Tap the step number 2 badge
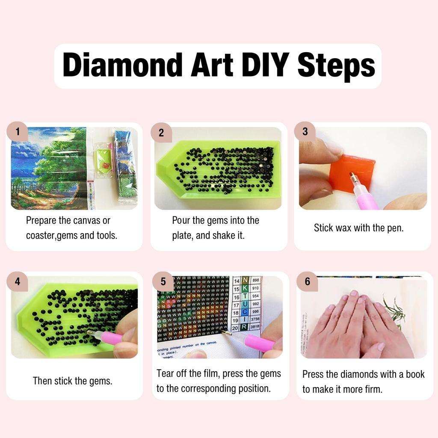click(161, 133)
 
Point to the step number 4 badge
click(18, 281)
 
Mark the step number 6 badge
click(308, 281)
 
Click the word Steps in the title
click(336, 66)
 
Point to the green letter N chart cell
click(245, 280)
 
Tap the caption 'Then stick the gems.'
click(73, 381)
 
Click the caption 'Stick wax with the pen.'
click(358, 228)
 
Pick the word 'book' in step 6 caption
click(415, 374)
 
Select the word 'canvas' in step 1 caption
click(86, 221)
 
